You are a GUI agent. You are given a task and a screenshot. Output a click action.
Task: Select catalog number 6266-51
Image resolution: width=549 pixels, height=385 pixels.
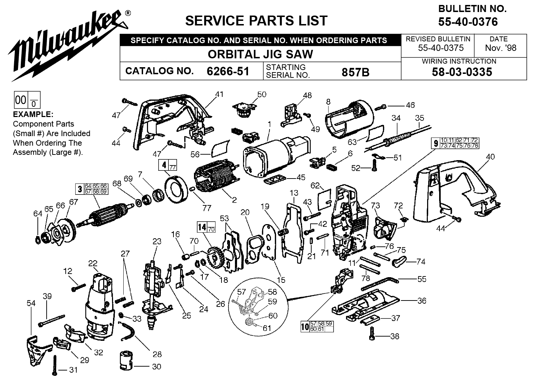(228, 71)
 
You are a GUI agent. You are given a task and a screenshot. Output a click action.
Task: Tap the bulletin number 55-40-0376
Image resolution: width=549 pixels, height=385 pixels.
(468, 22)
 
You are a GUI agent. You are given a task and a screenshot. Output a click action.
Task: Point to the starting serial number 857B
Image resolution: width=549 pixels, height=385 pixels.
(355, 72)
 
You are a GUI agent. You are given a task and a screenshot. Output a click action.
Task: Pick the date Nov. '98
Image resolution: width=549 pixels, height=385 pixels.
(501, 48)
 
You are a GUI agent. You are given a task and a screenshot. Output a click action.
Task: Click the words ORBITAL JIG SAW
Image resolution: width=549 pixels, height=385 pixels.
(260, 54)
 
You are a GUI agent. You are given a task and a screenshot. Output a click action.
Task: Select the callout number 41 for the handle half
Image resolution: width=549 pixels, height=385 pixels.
(220, 94)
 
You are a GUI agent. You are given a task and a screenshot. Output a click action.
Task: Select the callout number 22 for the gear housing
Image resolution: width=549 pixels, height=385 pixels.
(93, 263)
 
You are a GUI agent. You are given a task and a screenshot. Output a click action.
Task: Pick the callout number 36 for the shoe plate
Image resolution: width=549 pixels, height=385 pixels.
(422, 301)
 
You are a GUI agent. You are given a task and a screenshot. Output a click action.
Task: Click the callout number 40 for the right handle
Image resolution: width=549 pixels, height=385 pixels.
(490, 157)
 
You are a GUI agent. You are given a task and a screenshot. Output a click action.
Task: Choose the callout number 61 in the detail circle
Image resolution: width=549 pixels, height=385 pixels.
(267, 328)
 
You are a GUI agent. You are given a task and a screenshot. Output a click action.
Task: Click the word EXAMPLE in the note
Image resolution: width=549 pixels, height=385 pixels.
(33, 115)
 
